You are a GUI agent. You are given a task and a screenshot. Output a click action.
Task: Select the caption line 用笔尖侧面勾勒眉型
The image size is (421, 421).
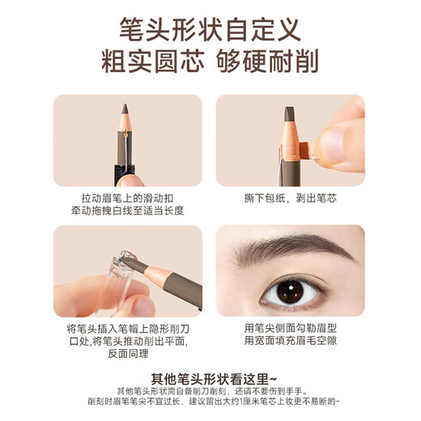point(291,330)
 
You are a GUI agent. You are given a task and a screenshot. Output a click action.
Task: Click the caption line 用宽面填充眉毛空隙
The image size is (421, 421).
point(291,342)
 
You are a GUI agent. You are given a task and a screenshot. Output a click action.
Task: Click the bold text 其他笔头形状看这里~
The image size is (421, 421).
point(210,378)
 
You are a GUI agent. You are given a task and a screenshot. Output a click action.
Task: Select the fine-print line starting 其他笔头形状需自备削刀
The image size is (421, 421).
point(210,390)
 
